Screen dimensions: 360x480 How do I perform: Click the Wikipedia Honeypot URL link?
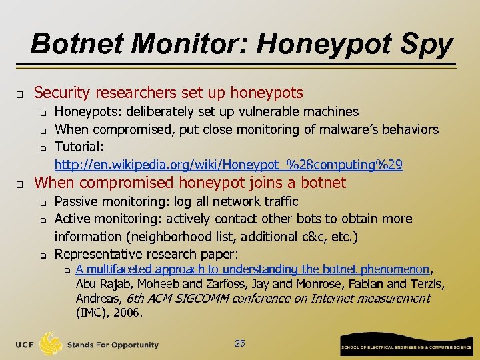(228, 164)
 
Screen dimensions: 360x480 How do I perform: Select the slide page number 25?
(240, 343)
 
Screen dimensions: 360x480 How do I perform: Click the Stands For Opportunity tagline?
(113, 345)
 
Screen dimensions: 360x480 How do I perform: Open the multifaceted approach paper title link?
(252, 269)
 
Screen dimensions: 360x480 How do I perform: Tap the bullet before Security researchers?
(21, 93)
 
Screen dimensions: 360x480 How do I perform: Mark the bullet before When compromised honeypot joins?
(21, 183)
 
